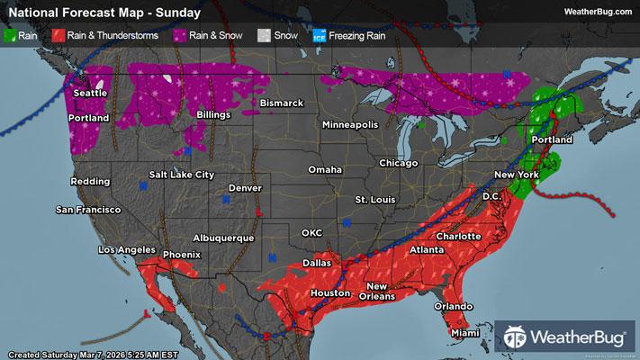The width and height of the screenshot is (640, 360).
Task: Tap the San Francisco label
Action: point(88,210)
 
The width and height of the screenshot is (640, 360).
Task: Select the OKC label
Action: point(311,232)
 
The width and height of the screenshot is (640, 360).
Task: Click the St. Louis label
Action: point(375,198)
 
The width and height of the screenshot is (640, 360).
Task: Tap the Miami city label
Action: point(466,335)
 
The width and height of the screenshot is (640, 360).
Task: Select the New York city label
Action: point(516,174)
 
